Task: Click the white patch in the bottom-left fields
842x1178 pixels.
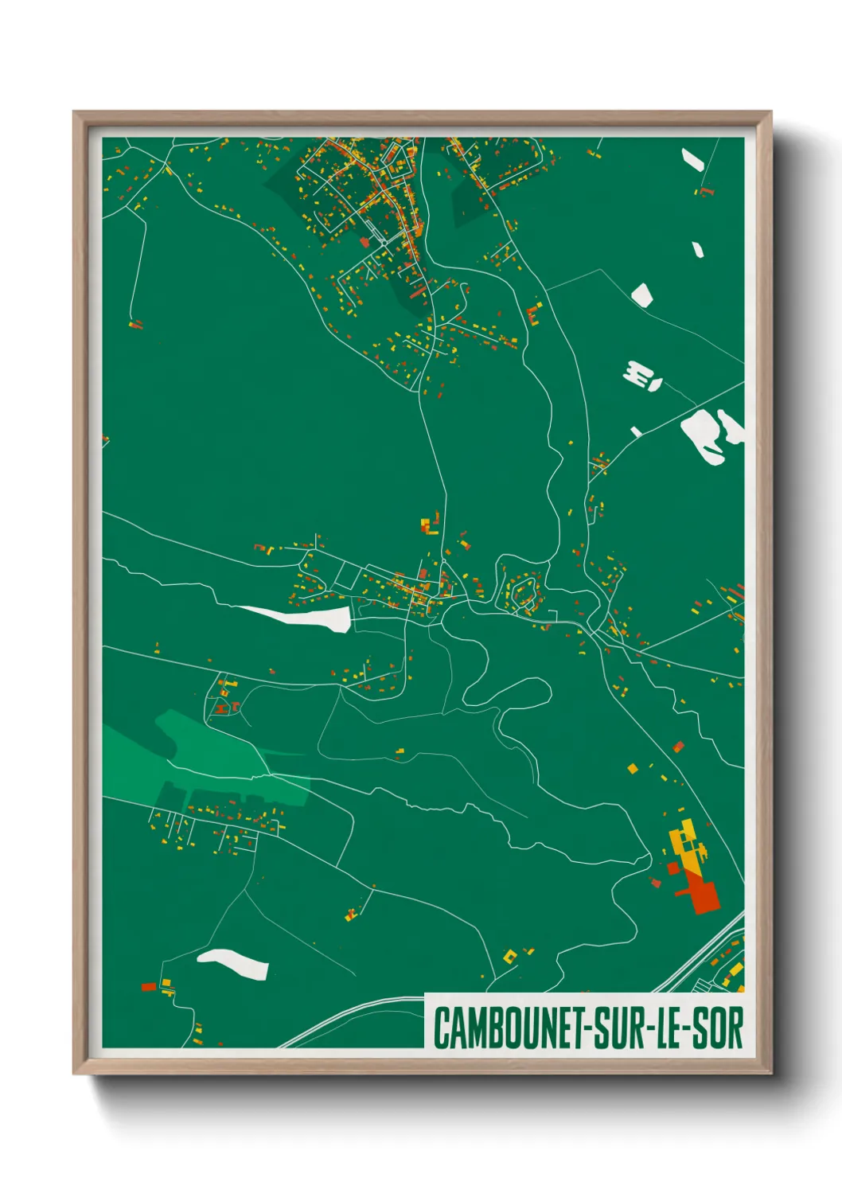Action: (x=234, y=962)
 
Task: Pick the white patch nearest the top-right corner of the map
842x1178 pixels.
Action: (x=692, y=159)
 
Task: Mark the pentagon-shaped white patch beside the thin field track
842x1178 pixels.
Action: (x=642, y=294)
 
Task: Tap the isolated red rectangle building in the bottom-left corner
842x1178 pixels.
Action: (x=148, y=987)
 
